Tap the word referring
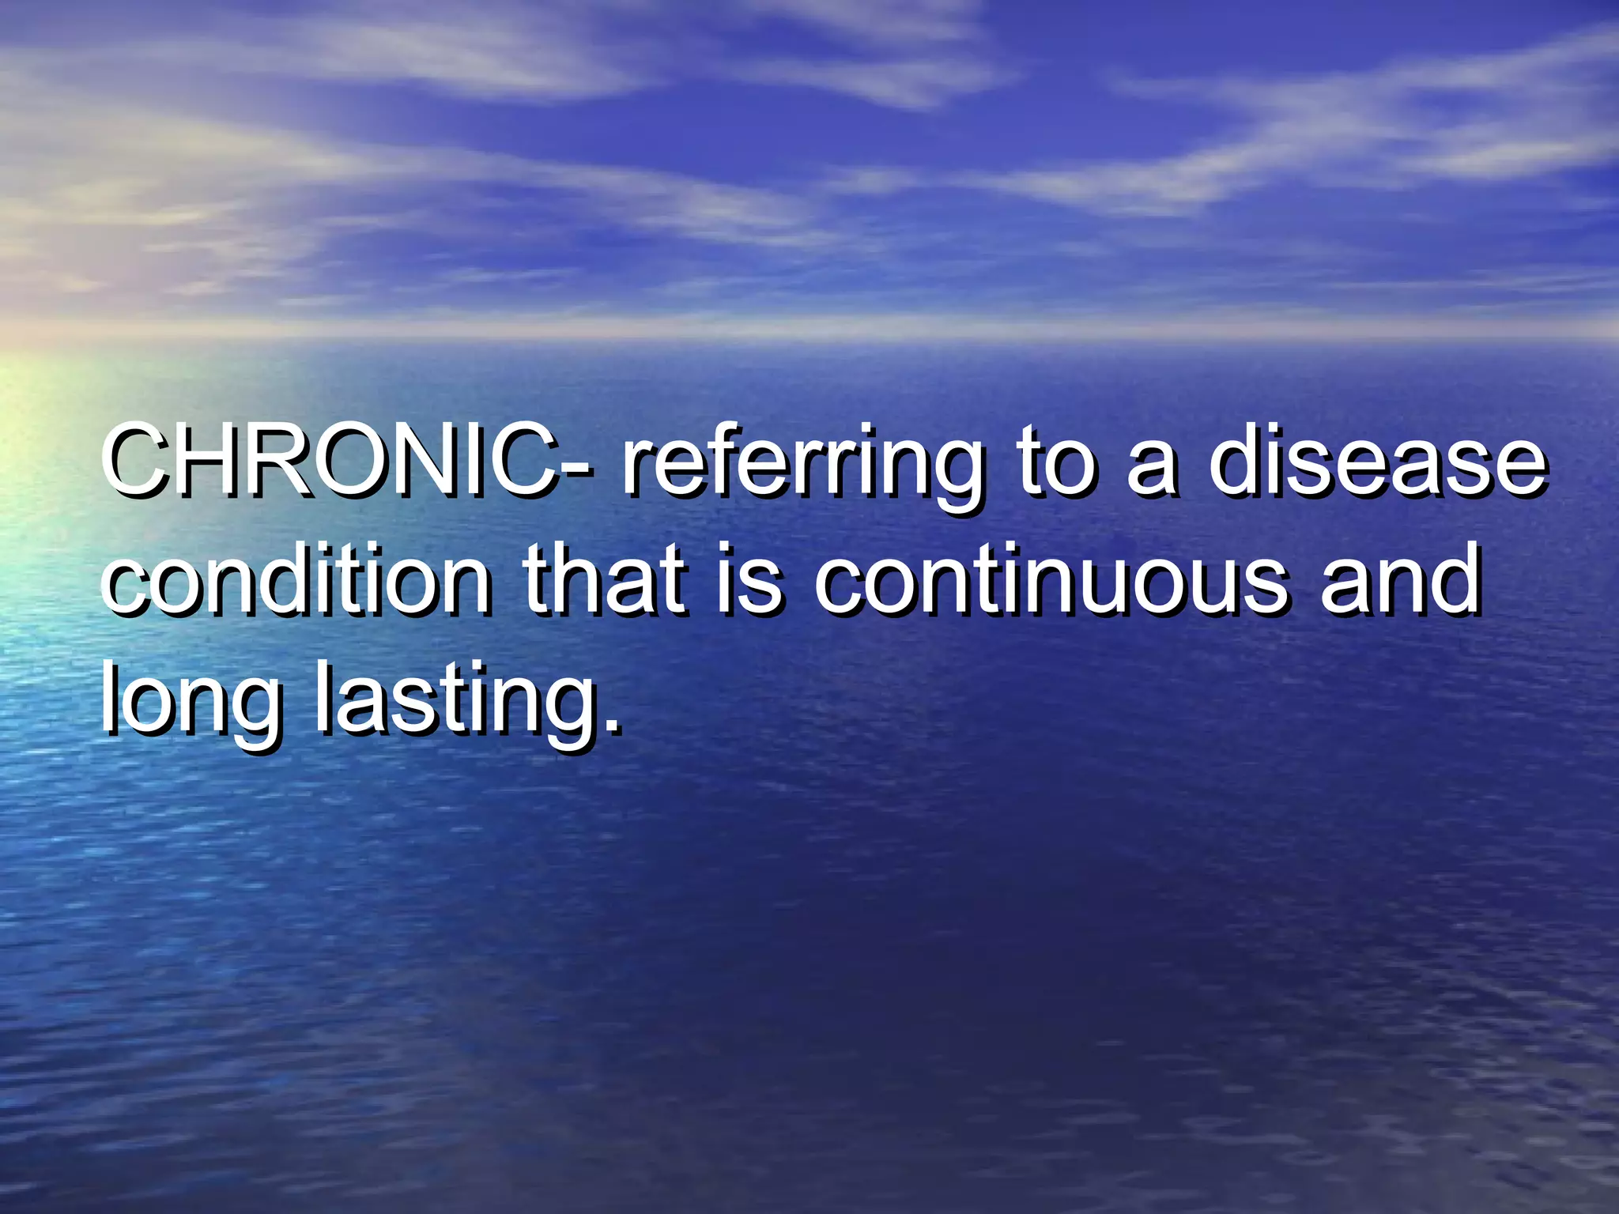pyautogui.click(x=802, y=466)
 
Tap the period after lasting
pyautogui.click(x=609, y=724)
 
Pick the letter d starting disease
pyautogui.click(x=1240, y=460)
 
